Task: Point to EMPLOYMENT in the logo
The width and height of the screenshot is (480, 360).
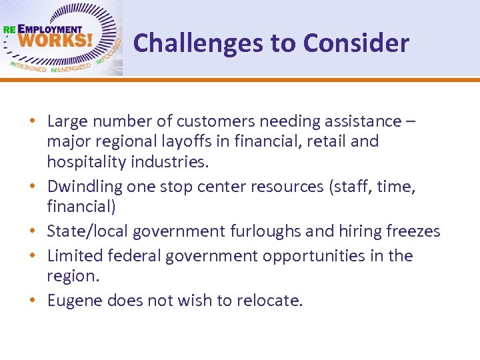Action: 49,29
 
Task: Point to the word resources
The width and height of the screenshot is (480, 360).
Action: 291,187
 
